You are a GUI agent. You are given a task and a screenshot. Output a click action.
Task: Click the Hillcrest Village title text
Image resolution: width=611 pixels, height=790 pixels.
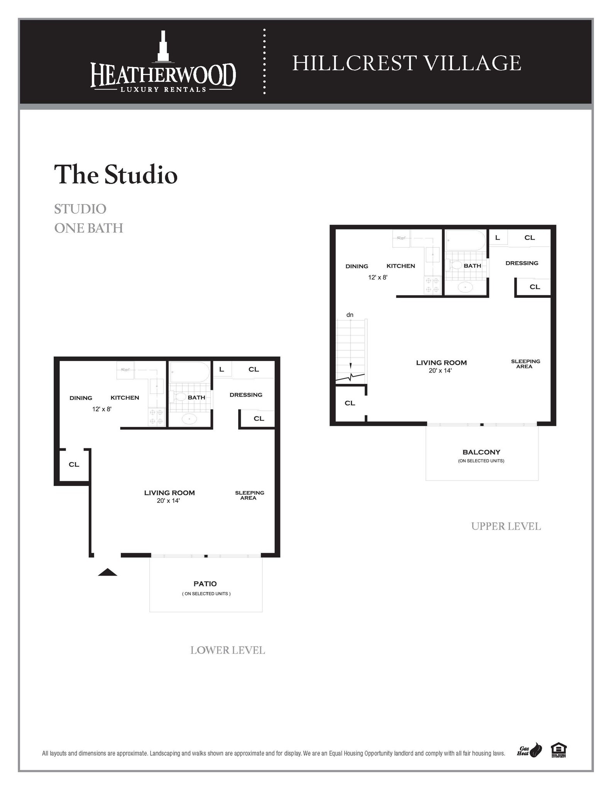click(x=406, y=63)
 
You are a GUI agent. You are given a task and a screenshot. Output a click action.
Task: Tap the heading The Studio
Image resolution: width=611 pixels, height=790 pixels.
click(x=115, y=174)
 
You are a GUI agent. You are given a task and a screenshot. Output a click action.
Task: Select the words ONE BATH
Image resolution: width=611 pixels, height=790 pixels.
click(x=88, y=228)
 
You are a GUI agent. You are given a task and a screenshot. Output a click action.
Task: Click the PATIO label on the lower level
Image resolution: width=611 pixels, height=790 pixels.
click(x=205, y=584)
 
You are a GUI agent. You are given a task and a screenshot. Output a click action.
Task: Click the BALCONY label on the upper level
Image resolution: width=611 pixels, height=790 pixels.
click(x=481, y=452)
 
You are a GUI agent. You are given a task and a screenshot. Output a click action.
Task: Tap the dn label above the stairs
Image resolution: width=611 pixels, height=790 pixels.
click(x=350, y=315)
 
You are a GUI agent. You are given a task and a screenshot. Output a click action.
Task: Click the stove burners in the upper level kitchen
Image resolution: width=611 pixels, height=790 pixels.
click(x=432, y=285)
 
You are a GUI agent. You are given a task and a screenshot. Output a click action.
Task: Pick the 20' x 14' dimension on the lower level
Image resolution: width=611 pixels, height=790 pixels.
click(x=168, y=501)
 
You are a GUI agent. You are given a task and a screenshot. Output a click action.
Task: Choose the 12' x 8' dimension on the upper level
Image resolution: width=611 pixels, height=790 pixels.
click(x=377, y=277)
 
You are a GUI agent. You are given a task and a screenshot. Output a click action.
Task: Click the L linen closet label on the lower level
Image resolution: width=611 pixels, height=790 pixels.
click(x=222, y=369)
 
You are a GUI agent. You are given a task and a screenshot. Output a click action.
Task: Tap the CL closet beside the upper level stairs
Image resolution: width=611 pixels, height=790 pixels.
click(x=350, y=403)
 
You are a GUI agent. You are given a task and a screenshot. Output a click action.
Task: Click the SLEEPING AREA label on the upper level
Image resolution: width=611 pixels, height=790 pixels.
click(x=525, y=364)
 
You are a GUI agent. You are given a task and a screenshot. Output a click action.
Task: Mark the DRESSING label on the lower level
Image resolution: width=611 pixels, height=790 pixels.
click(x=245, y=395)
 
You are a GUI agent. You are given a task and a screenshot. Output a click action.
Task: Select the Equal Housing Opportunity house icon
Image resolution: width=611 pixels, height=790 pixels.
click(x=558, y=749)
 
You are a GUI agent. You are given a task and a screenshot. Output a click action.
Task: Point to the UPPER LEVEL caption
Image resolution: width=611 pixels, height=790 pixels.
click(x=506, y=526)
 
